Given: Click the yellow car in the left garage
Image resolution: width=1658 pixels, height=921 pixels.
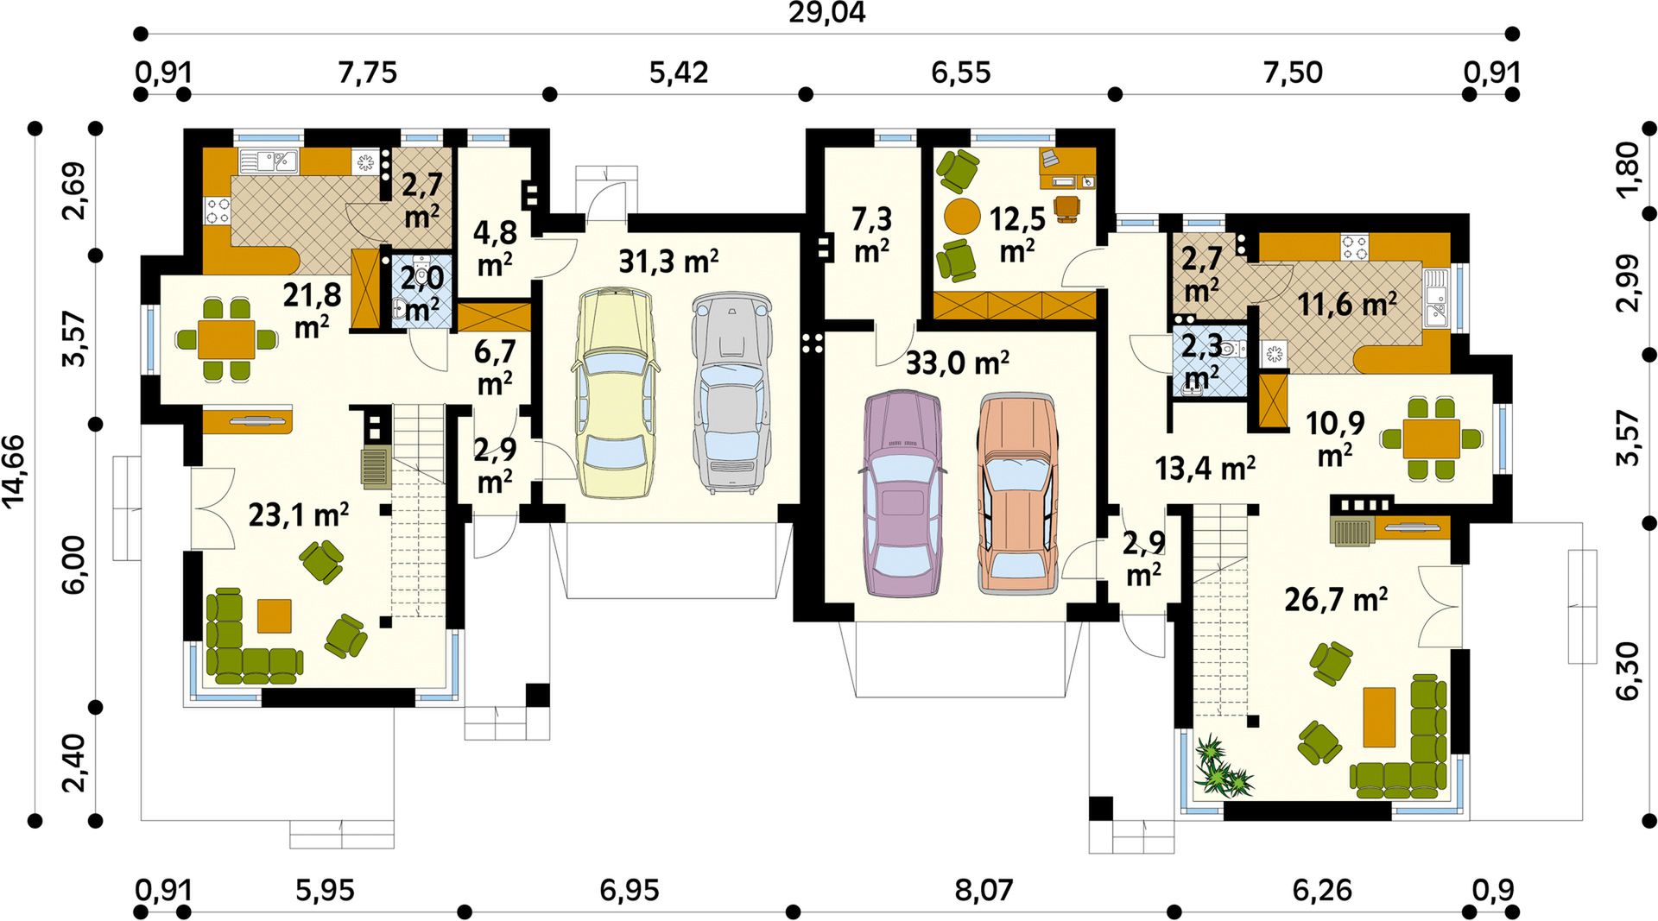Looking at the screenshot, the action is click(613, 394).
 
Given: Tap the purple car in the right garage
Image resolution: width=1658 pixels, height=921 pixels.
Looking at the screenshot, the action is click(903, 494).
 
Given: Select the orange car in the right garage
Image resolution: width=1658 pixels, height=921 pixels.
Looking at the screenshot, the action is click(1018, 495).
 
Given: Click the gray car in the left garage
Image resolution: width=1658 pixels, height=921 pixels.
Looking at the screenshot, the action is click(731, 393).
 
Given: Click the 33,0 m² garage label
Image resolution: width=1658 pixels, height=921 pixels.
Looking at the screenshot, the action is click(957, 363).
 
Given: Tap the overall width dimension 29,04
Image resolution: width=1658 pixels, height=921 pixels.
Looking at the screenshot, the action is click(826, 13).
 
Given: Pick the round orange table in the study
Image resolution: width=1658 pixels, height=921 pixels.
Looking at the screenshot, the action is click(961, 217).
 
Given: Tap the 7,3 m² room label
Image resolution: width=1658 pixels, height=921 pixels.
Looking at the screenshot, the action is click(871, 234).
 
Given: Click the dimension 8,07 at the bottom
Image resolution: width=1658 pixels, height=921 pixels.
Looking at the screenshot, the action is click(983, 890).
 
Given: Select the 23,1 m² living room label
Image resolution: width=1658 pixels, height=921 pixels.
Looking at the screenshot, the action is click(298, 515).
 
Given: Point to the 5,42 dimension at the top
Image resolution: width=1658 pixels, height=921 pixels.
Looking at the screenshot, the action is click(679, 73).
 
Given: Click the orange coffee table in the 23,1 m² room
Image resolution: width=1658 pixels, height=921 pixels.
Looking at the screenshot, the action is click(274, 615).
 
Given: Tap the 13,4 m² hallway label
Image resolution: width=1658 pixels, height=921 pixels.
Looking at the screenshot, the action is click(1205, 469).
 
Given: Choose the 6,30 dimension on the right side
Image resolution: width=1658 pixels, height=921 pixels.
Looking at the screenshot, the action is click(1628, 671).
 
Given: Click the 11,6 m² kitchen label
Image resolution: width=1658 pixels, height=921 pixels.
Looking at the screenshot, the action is click(1347, 304).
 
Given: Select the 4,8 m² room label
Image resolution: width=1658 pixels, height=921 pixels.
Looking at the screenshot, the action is click(495, 248).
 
